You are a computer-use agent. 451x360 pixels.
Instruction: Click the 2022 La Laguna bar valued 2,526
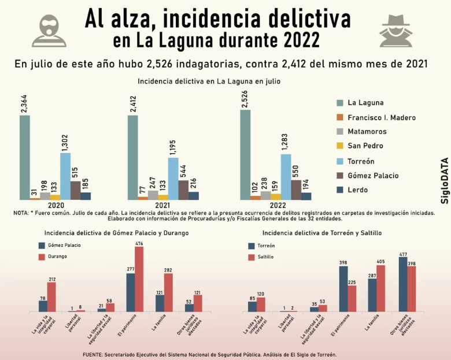point(245,154)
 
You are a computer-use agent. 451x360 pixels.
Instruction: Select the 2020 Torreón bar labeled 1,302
point(65,176)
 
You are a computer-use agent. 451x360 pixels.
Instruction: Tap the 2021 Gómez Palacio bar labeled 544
point(184,190)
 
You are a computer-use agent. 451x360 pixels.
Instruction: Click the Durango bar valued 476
point(139,279)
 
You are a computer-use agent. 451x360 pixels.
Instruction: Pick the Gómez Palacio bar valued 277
point(131,292)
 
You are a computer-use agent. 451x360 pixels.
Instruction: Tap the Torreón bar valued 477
point(403,284)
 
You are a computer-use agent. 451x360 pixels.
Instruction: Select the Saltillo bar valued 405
point(380,288)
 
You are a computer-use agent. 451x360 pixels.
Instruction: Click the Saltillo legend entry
point(266,257)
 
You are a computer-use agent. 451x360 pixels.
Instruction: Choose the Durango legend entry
point(56,256)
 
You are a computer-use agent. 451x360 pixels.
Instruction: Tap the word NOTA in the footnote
point(21,213)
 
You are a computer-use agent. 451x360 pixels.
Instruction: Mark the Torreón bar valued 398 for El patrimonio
point(343,289)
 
